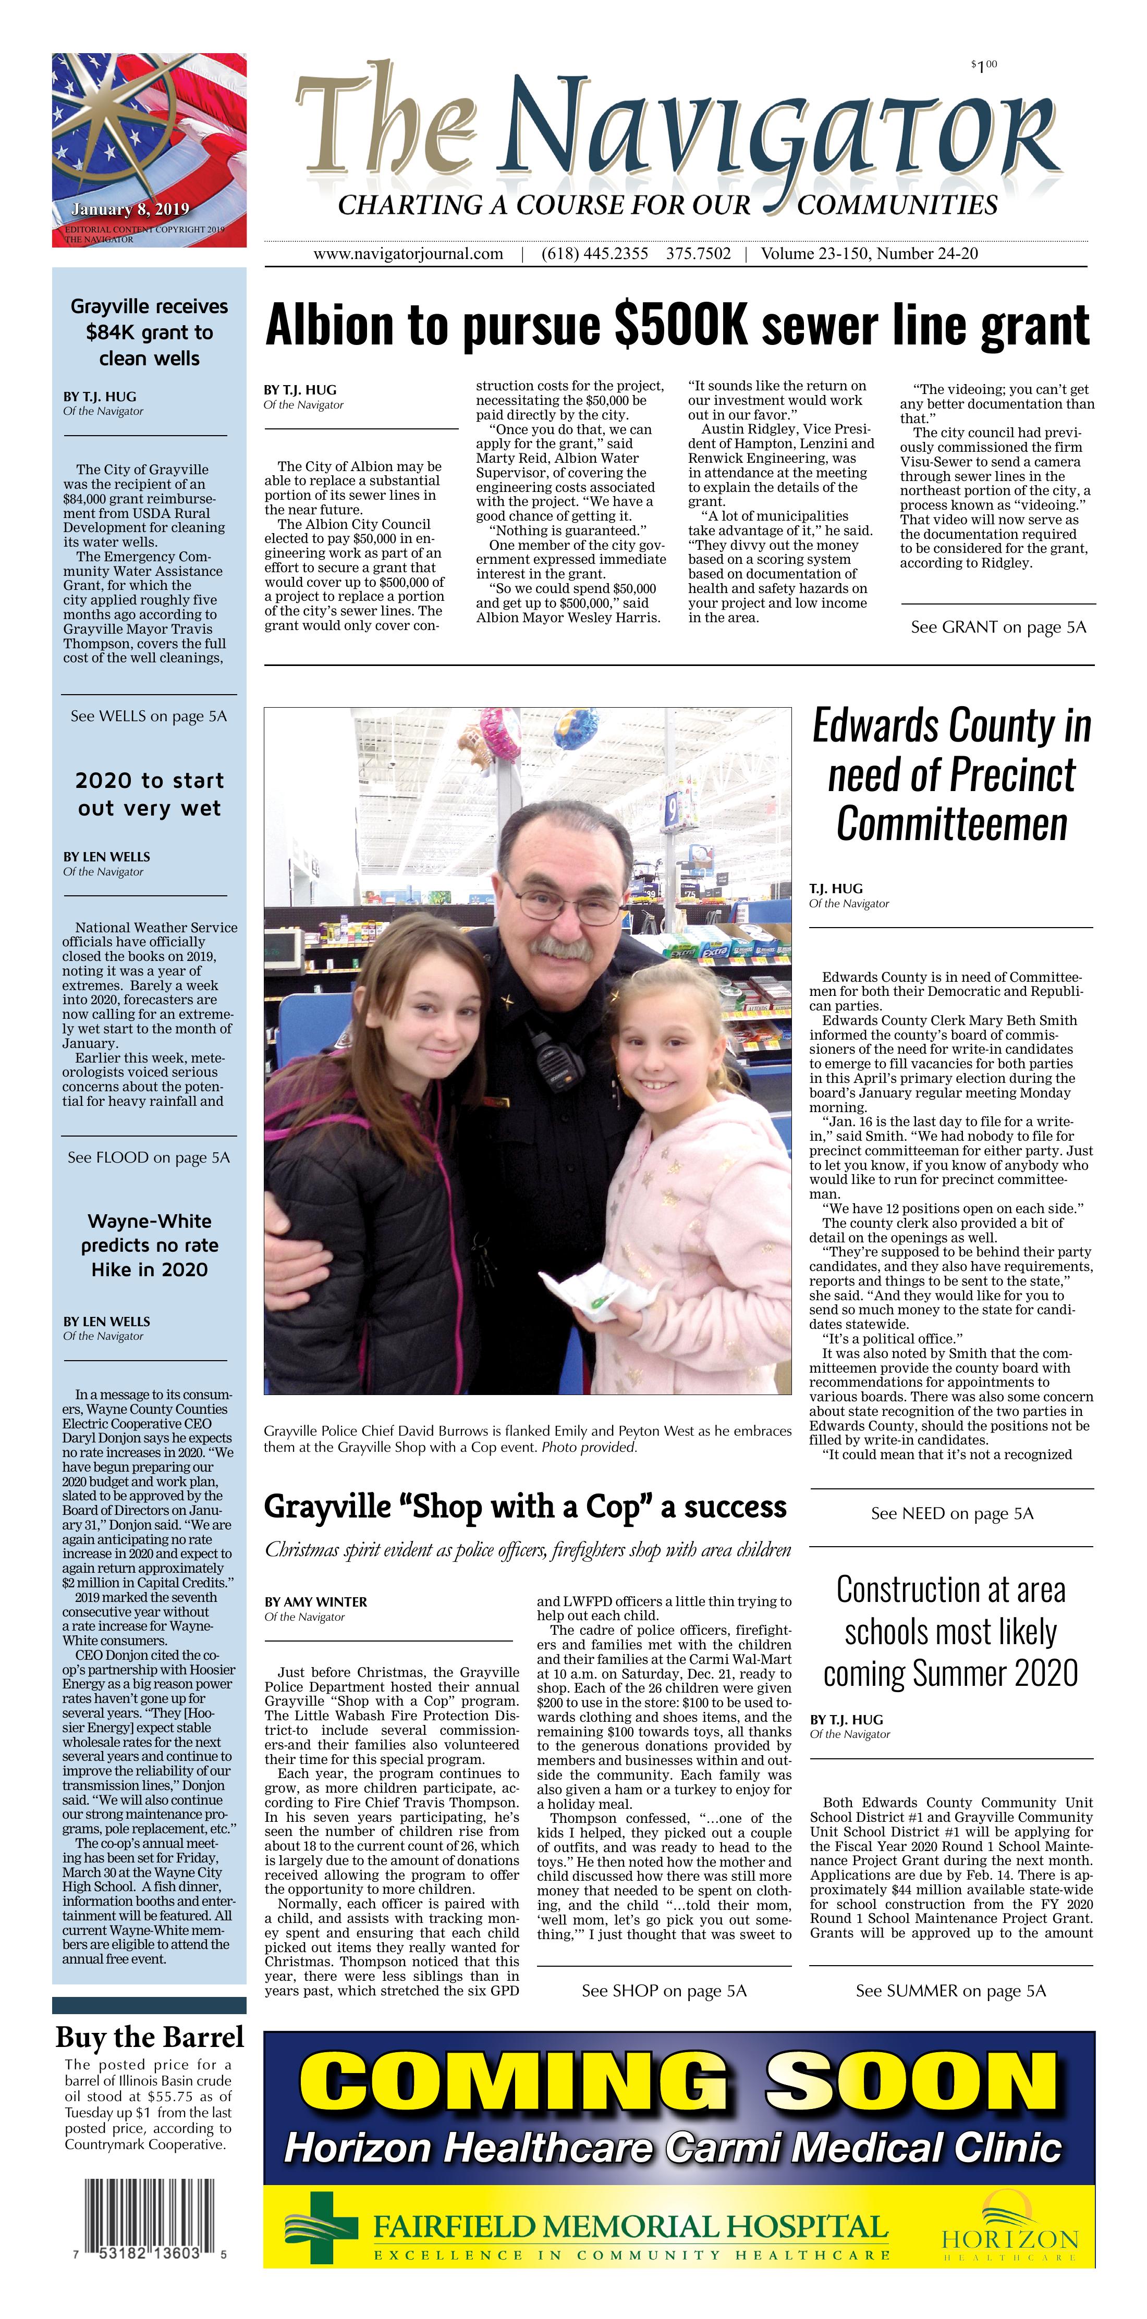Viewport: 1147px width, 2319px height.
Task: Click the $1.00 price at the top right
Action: [x=983, y=66]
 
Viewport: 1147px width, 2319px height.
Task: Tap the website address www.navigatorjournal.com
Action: [x=408, y=254]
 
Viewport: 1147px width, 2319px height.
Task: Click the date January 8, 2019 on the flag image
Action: [x=130, y=210]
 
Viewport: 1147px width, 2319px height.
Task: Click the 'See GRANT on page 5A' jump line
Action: [x=997, y=627]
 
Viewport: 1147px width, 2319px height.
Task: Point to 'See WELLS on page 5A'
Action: [x=149, y=717]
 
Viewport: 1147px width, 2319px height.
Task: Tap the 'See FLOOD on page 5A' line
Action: [x=149, y=1158]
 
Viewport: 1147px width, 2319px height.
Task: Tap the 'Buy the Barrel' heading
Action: [x=150, y=2037]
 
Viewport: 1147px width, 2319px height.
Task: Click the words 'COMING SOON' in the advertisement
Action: [x=678, y=2087]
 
